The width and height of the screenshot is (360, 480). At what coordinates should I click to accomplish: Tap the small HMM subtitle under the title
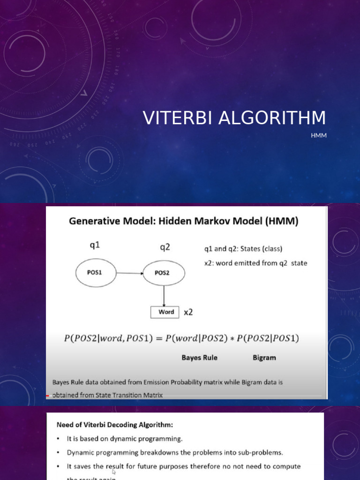(x=318, y=136)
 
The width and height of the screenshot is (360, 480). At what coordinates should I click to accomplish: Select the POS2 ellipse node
(x=162, y=273)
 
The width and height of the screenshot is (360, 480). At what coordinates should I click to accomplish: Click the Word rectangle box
(x=164, y=312)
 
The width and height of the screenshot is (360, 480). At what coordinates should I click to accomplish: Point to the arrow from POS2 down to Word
(x=164, y=295)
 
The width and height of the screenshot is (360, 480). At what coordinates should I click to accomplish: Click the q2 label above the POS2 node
(x=165, y=247)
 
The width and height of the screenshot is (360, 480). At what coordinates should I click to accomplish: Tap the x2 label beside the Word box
(x=188, y=312)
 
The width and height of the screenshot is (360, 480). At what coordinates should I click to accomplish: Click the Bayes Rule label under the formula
(x=199, y=358)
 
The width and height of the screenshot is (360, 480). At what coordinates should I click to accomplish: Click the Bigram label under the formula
(x=264, y=358)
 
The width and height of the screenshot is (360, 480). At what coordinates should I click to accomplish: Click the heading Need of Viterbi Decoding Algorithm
(x=115, y=425)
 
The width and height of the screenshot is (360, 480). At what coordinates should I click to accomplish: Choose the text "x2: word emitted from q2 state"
(x=255, y=263)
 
